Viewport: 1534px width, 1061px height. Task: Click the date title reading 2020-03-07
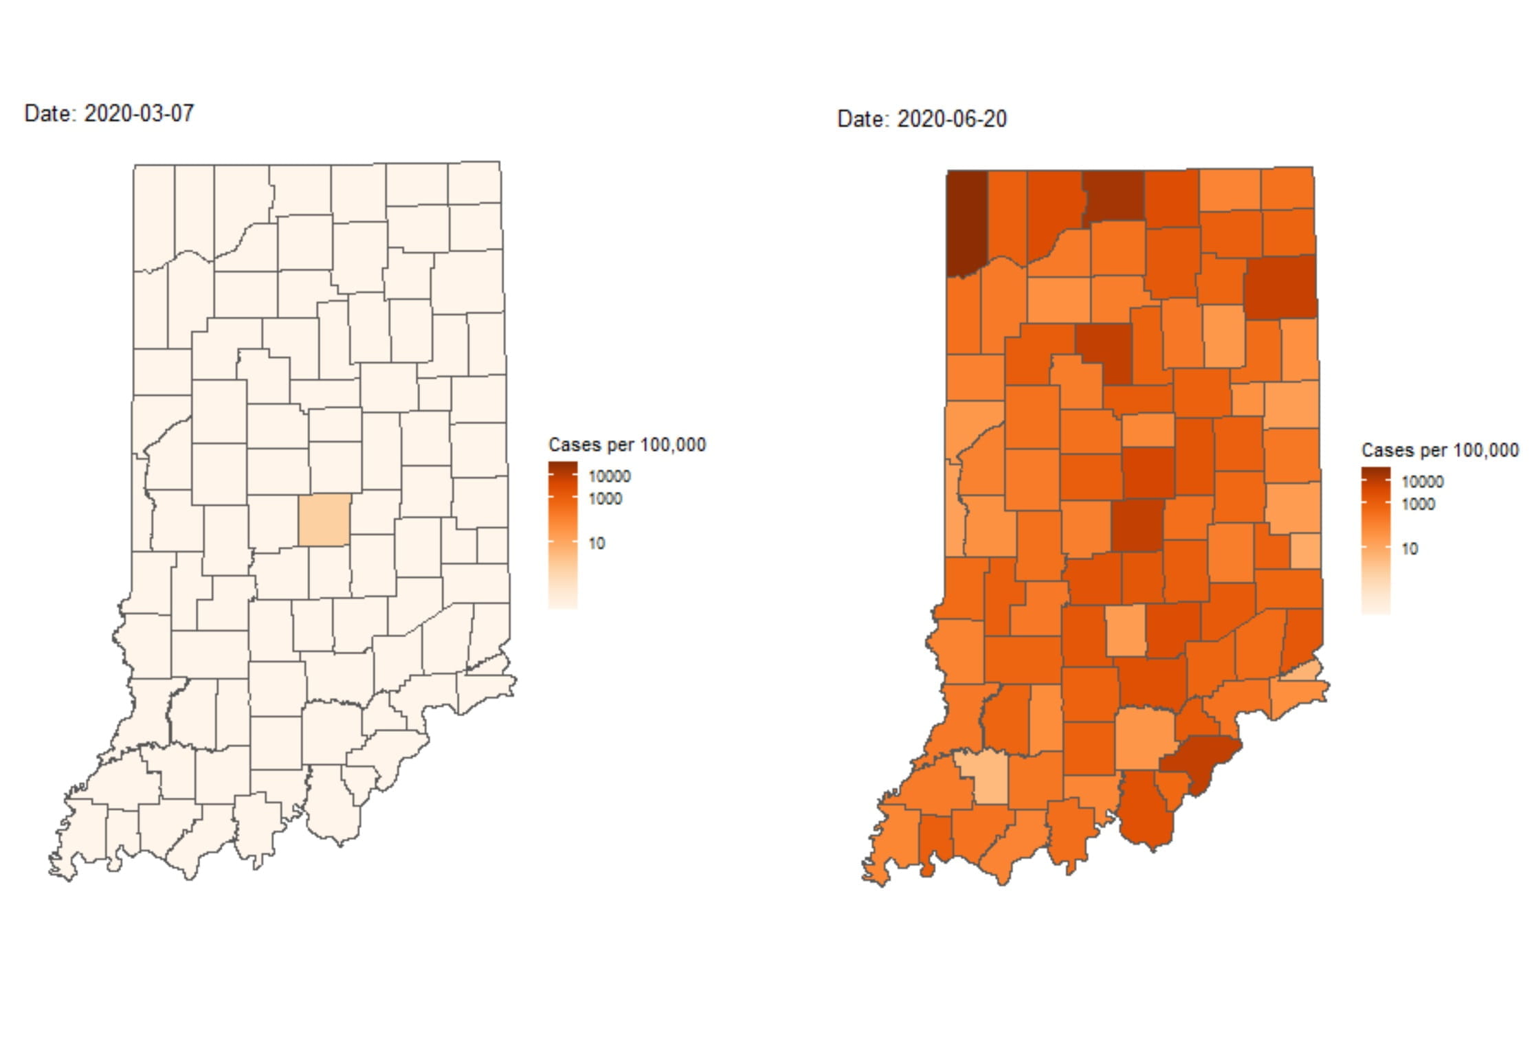click(x=109, y=113)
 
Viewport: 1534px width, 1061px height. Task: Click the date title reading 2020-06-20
click(x=922, y=119)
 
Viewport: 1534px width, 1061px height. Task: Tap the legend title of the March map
click(x=627, y=445)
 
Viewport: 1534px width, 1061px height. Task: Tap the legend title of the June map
click(x=1440, y=450)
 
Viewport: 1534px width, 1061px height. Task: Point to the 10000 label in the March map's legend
click(x=610, y=476)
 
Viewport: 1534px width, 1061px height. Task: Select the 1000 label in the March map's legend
click(x=605, y=499)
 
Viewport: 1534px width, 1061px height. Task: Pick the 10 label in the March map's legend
click(x=597, y=543)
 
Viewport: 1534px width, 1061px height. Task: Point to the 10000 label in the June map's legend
click(x=1423, y=482)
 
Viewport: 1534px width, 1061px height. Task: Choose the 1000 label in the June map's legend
click(x=1419, y=504)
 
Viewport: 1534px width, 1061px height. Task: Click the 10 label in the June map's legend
click(x=1410, y=548)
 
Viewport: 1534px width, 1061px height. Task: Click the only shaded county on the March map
click(x=324, y=520)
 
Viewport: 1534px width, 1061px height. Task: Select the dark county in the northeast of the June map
click(x=1280, y=287)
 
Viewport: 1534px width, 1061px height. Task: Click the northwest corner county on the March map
click(x=154, y=216)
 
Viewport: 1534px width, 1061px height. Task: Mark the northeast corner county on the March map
click(x=474, y=183)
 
